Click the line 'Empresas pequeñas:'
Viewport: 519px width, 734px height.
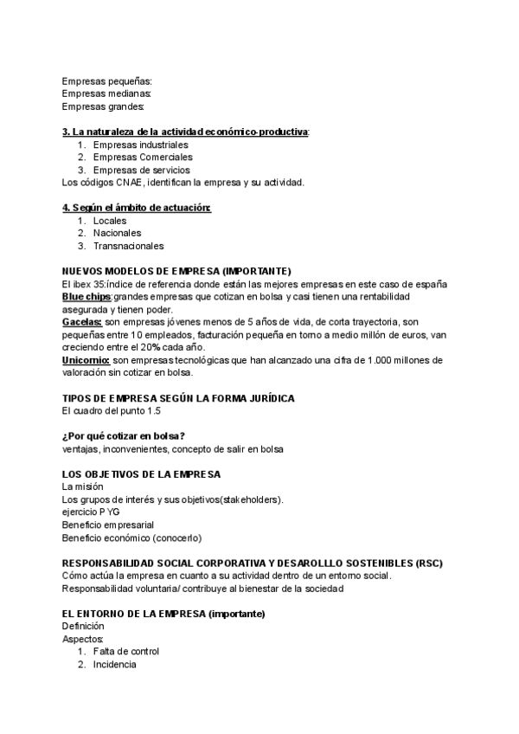coord(107,80)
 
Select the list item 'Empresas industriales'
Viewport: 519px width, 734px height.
coord(140,145)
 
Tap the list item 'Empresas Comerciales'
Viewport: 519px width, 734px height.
coord(143,158)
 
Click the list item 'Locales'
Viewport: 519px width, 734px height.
coord(110,221)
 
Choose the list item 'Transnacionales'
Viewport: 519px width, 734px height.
coord(128,246)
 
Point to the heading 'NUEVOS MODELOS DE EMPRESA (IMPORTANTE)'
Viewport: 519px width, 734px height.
coord(176,271)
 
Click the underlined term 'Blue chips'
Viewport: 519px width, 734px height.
coord(86,296)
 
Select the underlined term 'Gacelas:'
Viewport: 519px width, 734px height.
coord(82,322)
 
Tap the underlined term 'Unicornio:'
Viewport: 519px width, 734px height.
coord(86,359)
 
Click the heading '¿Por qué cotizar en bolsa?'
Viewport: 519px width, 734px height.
coord(124,435)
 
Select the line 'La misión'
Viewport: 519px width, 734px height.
coord(84,486)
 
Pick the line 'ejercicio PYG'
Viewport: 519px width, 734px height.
coord(91,512)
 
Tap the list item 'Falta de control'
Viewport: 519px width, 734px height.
coord(126,651)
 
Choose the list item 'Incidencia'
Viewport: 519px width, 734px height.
coord(114,664)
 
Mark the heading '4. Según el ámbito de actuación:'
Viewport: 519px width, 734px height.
coord(137,208)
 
